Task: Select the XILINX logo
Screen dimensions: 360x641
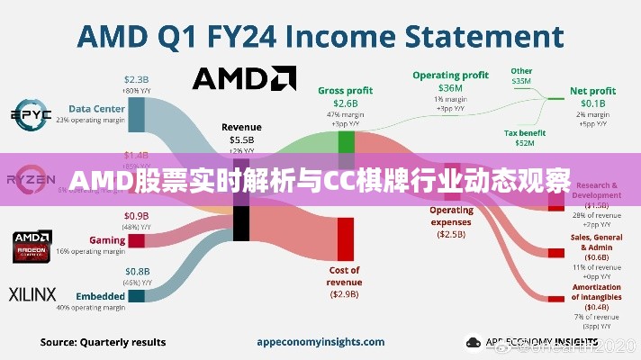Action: [32, 294]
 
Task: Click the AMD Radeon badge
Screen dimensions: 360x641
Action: [32, 246]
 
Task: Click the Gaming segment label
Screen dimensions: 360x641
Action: [107, 240]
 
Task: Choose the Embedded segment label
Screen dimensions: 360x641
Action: [100, 295]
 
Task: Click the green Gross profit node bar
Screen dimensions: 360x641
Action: [346, 141]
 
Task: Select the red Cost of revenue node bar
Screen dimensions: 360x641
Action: [345, 238]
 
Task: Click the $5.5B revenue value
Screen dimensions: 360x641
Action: [240, 140]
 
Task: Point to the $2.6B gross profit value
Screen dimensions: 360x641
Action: [345, 103]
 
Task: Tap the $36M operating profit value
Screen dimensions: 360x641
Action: [450, 88]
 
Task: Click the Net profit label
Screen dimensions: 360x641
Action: [592, 91]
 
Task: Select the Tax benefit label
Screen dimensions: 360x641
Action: [524, 132]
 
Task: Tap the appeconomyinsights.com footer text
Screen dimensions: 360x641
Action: [310, 342]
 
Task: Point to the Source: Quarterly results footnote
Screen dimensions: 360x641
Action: [104, 342]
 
